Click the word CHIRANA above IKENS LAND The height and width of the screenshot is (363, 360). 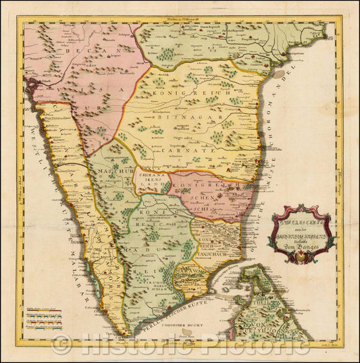[x=151, y=177]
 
